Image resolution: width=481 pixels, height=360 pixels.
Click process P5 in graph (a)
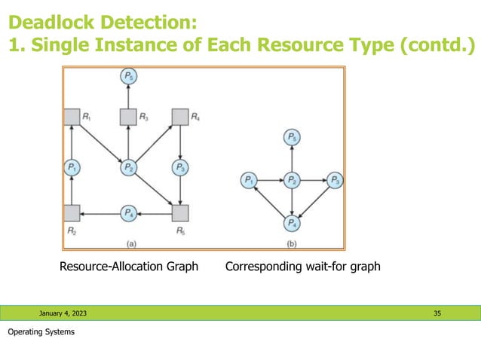click(127, 76)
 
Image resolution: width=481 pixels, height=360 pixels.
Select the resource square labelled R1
click(71, 117)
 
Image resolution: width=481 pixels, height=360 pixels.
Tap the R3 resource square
click(127, 117)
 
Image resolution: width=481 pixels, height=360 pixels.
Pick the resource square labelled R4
click(179, 117)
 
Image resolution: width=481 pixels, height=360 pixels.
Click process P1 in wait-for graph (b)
click(247, 181)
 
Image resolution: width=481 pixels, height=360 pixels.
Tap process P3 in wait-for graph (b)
click(335, 181)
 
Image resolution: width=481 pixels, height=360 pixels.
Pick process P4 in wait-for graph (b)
click(291, 223)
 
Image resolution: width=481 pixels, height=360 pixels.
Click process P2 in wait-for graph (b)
click(291, 181)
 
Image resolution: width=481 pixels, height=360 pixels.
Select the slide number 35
click(437, 313)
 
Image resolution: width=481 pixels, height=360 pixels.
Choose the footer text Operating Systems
click(41, 332)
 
